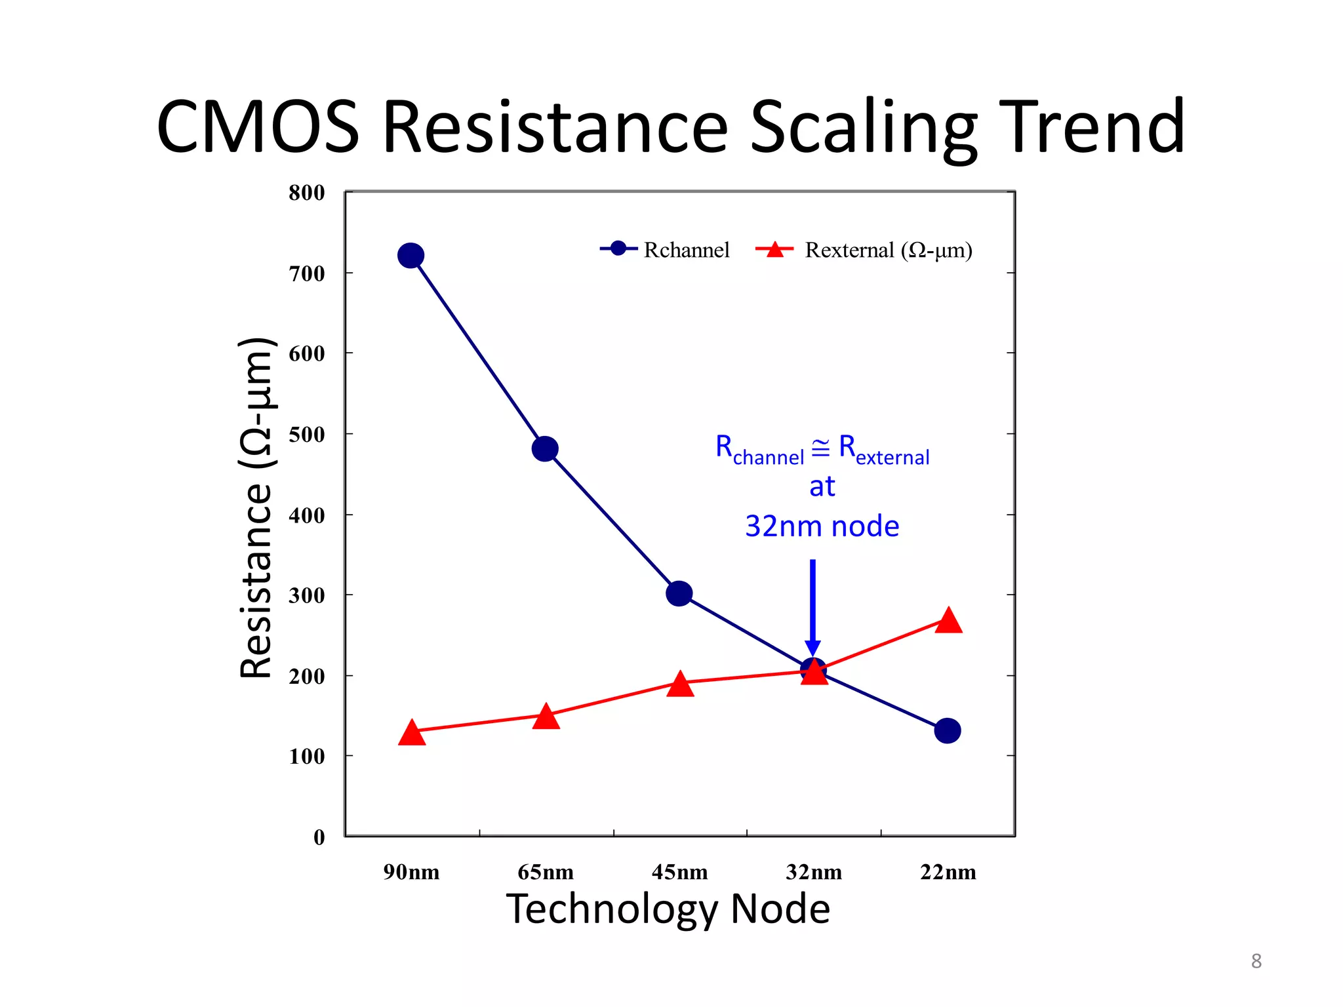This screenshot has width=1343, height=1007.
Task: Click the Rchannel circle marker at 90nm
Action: pyautogui.click(x=411, y=255)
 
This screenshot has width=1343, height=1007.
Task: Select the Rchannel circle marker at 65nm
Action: pyautogui.click(x=545, y=449)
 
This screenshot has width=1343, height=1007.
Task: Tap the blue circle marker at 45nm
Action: pyautogui.click(x=679, y=593)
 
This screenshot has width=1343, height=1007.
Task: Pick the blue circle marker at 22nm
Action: pyautogui.click(x=948, y=730)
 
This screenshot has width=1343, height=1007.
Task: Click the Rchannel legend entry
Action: pyautogui.click(x=665, y=250)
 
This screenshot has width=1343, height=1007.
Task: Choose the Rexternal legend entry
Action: pyautogui.click(x=864, y=250)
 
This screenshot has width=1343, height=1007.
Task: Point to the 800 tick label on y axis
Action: pyautogui.click(x=306, y=193)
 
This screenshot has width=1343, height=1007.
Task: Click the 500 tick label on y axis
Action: pyautogui.click(x=306, y=434)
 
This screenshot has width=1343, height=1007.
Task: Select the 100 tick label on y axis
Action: pyautogui.click(x=306, y=757)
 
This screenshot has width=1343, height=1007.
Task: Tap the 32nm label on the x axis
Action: pyautogui.click(x=814, y=872)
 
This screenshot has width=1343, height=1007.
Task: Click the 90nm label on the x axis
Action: pyautogui.click(x=411, y=872)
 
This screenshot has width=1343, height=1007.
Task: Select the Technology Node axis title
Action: pyautogui.click(x=668, y=909)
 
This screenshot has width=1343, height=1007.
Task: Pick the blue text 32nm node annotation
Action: pyautogui.click(x=822, y=526)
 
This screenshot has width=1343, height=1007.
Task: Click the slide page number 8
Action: pyautogui.click(x=1256, y=961)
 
